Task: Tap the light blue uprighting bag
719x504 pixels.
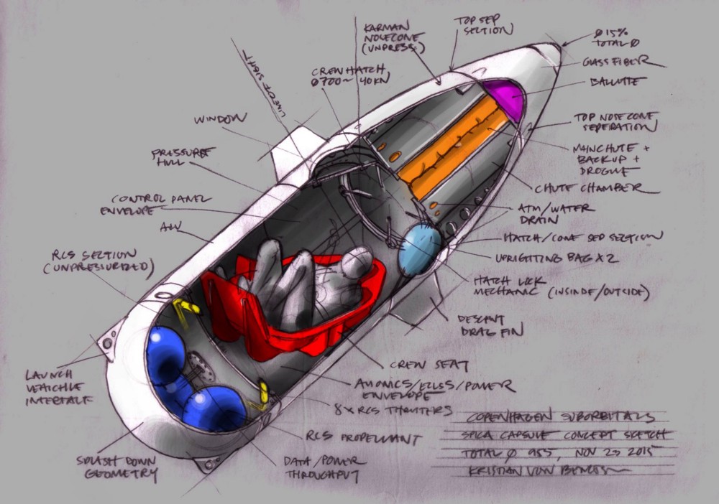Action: [419, 245]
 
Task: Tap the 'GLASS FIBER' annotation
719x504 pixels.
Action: [623, 62]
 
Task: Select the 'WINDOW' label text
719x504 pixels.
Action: [221, 119]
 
